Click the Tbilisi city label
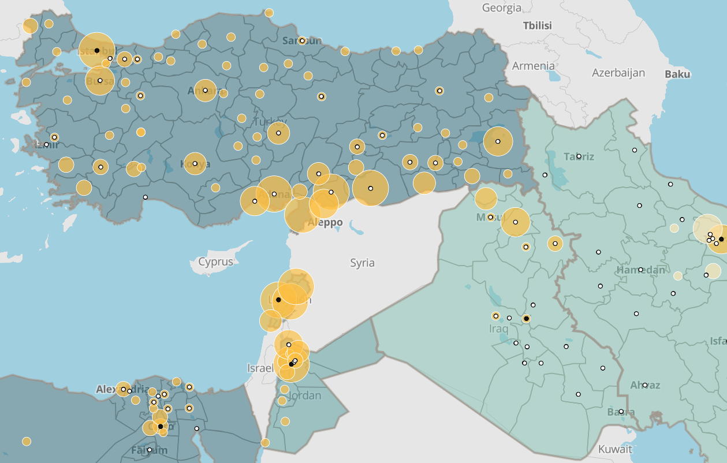[537, 26]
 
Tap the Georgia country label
[501, 8]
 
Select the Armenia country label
[533, 66]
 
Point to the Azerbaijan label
[618, 73]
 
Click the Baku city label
[677, 74]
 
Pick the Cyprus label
[215, 262]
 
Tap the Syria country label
[362, 263]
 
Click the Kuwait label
[615, 449]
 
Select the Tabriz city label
[579, 156]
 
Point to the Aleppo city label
[326, 223]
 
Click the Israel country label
[260, 368]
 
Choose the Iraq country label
[498, 329]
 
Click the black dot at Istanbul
[97, 51]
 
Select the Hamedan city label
[640, 270]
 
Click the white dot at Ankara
[205, 90]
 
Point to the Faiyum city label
[149, 450]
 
